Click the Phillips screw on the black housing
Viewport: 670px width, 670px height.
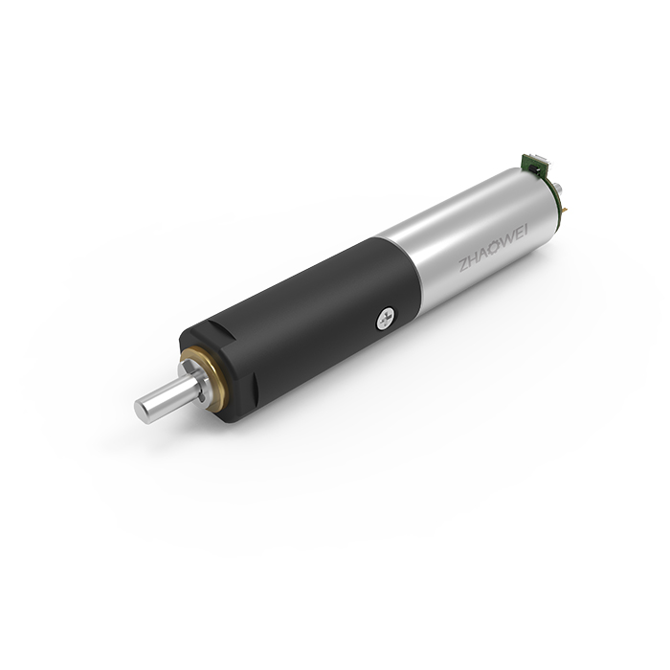386,319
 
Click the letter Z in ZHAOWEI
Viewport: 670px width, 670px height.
463,265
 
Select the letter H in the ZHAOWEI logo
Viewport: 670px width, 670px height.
473,259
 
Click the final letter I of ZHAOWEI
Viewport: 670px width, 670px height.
525,230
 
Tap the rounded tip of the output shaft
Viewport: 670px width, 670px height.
142,410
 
